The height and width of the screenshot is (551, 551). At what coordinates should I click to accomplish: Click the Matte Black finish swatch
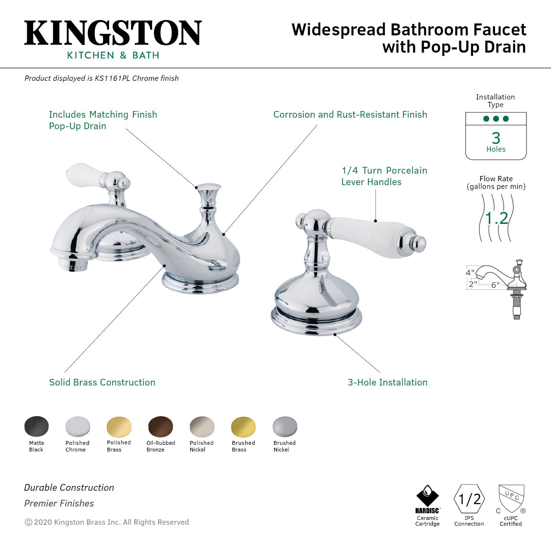pyautogui.click(x=36, y=426)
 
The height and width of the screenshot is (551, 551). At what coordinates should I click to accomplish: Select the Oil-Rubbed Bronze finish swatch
pyautogui.click(x=161, y=426)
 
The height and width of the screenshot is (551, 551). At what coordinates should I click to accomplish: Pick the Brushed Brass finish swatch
pyautogui.click(x=243, y=427)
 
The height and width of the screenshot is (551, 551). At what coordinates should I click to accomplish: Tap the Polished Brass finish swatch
pyautogui.click(x=119, y=426)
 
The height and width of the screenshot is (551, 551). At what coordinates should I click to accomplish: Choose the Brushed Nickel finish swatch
pyautogui.click(x=285, y=427)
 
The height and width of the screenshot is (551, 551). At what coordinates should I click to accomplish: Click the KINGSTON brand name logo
pyautogui.click(x=113, y=33)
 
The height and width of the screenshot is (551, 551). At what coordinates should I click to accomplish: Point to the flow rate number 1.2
pyautogui.click(x=496, y=218)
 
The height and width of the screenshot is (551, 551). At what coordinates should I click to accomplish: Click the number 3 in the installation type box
pyautogui.click(x=496, y=138)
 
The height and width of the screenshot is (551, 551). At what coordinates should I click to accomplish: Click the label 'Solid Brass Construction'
pyautogui.click(x=102, y=382)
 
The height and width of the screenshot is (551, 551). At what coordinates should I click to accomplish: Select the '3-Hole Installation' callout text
pyautogui.click(x=387, y=382)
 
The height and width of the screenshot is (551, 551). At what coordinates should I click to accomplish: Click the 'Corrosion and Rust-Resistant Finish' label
pyautogui.click(x=350, y=114)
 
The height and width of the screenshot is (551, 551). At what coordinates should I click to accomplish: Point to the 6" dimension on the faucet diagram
pyautogui.click(x=496, y=285)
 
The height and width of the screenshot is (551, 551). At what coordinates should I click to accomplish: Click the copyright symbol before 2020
pyautogui.click(x=28, y=522)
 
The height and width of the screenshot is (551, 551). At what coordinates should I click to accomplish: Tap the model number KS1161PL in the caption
pyautogui.click(x=112, y=78)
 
